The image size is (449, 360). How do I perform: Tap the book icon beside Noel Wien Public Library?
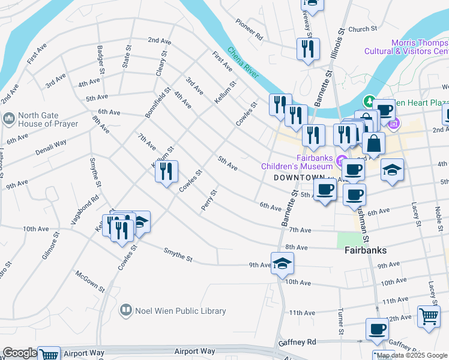[x=125, y=310]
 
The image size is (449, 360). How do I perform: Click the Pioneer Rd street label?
[x=249, y=29]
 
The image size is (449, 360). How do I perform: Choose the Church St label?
[x=362, y=29]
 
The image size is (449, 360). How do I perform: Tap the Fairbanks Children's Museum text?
[x=297, y=162]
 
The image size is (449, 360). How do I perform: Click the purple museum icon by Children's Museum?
[x=342, y=160]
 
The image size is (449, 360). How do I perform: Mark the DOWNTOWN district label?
[x=299, y=178]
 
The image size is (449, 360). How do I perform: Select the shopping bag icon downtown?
[x=373, y=144]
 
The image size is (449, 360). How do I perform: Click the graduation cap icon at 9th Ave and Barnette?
[x=282, y=263]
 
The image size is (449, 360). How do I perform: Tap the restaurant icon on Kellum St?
[x=167, y=172]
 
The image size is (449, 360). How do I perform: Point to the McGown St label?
[x=91, y=281]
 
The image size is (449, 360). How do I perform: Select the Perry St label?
[x=209, y=200]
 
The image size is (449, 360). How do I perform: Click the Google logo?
[x=19, y=353]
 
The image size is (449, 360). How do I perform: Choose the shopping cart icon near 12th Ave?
[x=429, y=316]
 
